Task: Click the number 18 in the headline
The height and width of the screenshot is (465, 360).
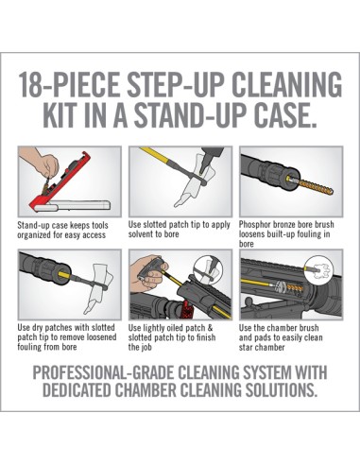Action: (30, 85)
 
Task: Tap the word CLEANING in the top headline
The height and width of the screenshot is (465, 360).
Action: (286, 85)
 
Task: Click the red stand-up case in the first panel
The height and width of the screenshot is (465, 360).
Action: (60, 181)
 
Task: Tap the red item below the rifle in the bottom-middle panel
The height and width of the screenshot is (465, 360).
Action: (187, 310)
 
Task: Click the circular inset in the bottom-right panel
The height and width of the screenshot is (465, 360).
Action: (318, 268)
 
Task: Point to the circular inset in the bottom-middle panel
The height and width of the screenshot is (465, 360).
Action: (208, 270)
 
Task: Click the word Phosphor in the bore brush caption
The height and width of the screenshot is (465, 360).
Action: (254, 225)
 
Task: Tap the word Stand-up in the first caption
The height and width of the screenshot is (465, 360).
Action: (31, 226)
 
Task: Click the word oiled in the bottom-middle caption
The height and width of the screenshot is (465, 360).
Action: (176, 328)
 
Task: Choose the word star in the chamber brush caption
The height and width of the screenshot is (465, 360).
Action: (246, 348)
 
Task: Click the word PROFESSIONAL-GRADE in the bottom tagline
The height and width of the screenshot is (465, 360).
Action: (104, 373)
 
